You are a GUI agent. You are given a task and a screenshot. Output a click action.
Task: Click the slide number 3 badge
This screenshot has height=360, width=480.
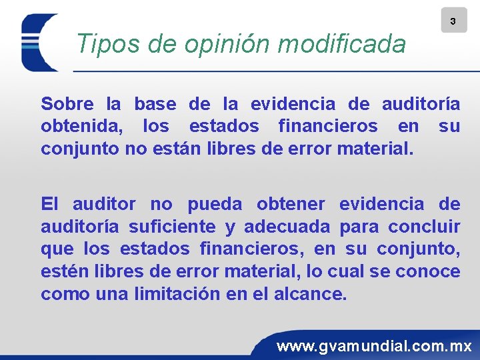click(x=453, y=21)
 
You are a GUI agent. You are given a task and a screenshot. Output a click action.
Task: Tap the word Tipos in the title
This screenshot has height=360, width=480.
click(x=101, y=45)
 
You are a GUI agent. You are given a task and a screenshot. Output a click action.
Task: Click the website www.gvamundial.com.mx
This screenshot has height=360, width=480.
click(x=374, y=346)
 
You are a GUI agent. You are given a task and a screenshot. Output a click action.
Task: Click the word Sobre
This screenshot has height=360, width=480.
click(x=67, y=104)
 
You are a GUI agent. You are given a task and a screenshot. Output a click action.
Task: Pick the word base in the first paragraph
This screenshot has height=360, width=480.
click(x=155, y=104)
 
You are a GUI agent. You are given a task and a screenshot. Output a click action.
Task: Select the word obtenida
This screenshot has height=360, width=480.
click(x=83, y=126)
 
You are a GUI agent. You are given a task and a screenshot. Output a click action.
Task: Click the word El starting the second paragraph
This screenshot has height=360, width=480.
click(x=50, y=204)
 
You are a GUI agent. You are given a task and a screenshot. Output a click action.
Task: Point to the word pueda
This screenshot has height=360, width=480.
click(x=216, y=204)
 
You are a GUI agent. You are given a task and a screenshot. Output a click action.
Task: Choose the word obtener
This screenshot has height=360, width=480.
click(x=291, y=204)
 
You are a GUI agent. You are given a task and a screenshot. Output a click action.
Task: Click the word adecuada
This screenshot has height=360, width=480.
click(x=287, y=227)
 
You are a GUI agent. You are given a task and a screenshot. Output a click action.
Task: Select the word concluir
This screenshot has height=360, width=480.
click(x=427, y=227)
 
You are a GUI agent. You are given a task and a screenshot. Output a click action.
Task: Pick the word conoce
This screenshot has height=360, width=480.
click(x=427, y=272)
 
